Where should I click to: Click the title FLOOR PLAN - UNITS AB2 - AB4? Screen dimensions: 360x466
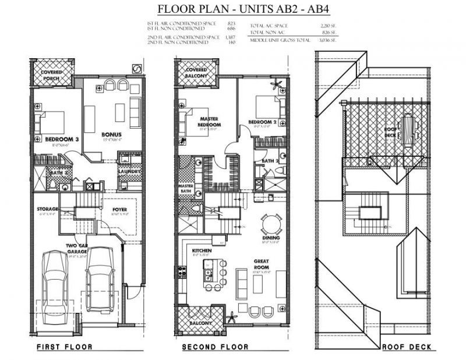coord(232,9)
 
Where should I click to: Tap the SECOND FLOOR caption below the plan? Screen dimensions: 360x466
coord(215,347)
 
